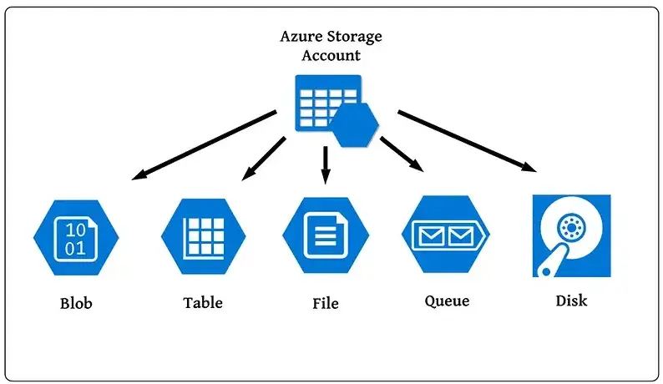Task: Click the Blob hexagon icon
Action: [x=76, y=237]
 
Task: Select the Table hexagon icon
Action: [x=203, y=236]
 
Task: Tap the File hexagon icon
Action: [x=325, y=236]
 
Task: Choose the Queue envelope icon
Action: [x=446, y=236]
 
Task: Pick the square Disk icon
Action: [x=571, y=236]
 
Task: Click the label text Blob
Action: [x=76, y=303]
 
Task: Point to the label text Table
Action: [x=203, y=302]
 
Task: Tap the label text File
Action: [x=325, y=303]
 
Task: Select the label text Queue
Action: [x=447, y=301]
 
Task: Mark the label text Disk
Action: [x=571, y=301]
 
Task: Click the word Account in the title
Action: [x=331, y=56]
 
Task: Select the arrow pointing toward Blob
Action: [x=204, y=144]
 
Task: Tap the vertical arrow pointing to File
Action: [x=326, y=163]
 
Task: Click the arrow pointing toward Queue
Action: [x=402, y=153]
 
